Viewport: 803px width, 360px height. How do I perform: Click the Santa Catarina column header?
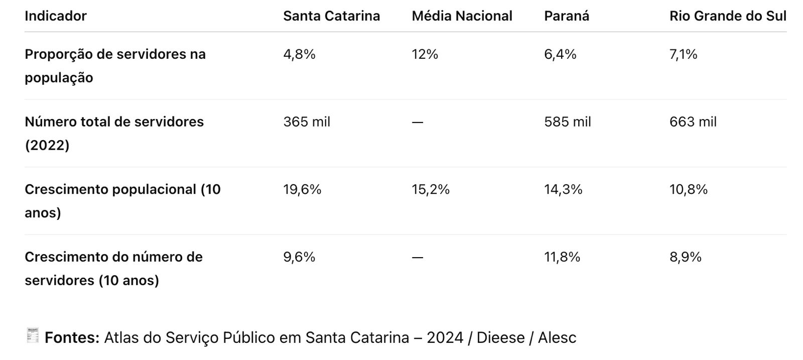point(331,16)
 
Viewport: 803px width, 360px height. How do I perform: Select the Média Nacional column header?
point(462,16)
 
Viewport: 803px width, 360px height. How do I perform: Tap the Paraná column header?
point(566,16)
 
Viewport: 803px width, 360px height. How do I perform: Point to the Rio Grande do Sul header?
point(727,16)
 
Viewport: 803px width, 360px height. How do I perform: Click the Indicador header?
point(56,16)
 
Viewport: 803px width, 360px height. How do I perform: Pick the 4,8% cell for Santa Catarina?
point(299,54)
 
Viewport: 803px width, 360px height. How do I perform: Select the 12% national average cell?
point(425,54)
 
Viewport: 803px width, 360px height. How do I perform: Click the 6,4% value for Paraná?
point(560,54)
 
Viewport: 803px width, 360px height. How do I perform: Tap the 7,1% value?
point(683,54)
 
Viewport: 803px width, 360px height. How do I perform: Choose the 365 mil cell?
point(307,122)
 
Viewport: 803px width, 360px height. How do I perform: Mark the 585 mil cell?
point(567,122)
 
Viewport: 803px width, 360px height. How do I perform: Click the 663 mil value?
point(693,122)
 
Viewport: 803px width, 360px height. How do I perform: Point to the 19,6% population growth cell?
point(302,189)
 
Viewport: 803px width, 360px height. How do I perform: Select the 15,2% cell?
point(431,189)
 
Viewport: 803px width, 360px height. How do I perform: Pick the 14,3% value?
point(563,189)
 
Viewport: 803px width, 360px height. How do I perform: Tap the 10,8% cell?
point(688,189)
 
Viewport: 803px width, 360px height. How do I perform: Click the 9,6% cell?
point(299,257)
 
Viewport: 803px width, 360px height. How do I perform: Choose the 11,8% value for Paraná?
point(562,257)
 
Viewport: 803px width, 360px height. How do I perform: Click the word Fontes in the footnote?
point(72,337)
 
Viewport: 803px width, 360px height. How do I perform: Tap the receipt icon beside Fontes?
point(32,335)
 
